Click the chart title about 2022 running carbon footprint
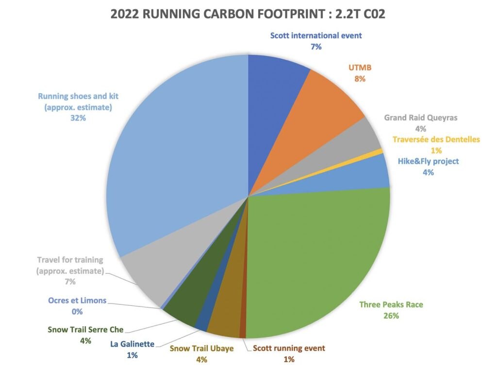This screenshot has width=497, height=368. point(248,13)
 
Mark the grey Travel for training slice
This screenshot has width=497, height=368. point(146,277)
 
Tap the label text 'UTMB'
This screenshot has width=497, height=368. point(360,67)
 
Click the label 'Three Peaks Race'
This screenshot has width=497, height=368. point(391,305)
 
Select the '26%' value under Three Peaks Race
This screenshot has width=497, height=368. point(391,316)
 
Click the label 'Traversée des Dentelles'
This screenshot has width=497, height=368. point(436,139)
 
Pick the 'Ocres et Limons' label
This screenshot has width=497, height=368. point(77,301)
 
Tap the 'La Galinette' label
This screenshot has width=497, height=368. point(132,344)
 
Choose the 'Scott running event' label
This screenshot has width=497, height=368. point(289,348)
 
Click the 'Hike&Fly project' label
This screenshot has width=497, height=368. point(428,161)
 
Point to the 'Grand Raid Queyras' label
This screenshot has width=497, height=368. point(421,117)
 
